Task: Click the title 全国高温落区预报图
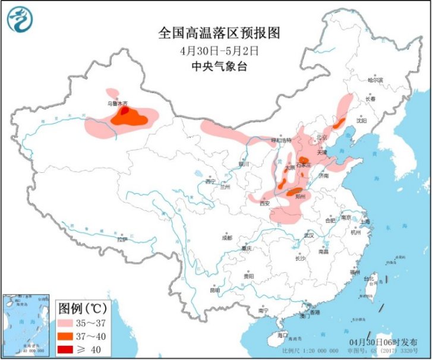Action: coord(218,33)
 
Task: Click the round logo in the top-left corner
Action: coord(18,18)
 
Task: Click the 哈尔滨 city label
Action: coord(376,79)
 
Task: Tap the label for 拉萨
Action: coord(122,240)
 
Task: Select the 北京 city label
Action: coord(321,136)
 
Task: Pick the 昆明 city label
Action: coord(215,290)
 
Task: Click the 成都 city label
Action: coord(227,238)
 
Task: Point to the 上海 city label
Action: coord(365,222)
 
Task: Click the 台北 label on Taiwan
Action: coord(368,278)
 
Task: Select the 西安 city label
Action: coord(265,203)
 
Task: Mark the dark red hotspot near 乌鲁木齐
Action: coord(125,110)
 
